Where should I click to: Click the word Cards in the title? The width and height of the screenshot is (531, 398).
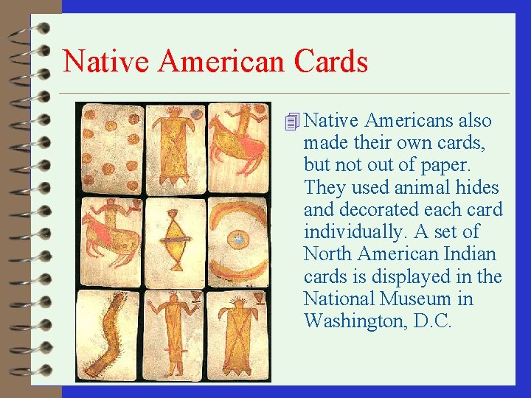[330, 60]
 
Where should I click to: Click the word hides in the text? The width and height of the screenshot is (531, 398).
[475, 187]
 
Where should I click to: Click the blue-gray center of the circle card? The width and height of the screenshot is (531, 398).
[238, 240]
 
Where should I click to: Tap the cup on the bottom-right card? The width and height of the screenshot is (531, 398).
[259, 298]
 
